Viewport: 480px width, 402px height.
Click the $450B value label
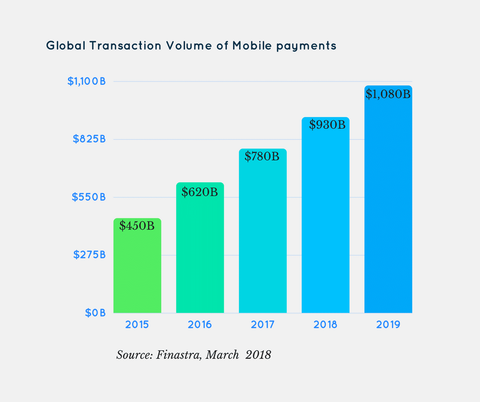click(x=137, y=225)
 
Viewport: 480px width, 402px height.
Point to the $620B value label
click(x=200, y=192)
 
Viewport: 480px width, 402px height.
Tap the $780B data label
click(x=262, y=157)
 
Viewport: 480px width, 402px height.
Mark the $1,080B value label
click(x=388, y=94)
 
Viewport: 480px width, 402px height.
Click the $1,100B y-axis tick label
click(x=86, y=81)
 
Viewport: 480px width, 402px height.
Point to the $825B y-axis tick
click(x=89, y=139)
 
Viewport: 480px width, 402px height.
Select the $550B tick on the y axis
click(x=89, y=196)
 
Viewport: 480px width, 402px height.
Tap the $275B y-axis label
click(x=89, y=255)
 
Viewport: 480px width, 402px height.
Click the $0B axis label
click(x=95, y=312)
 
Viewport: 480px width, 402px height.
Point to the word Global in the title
click(x=65, y=45)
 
